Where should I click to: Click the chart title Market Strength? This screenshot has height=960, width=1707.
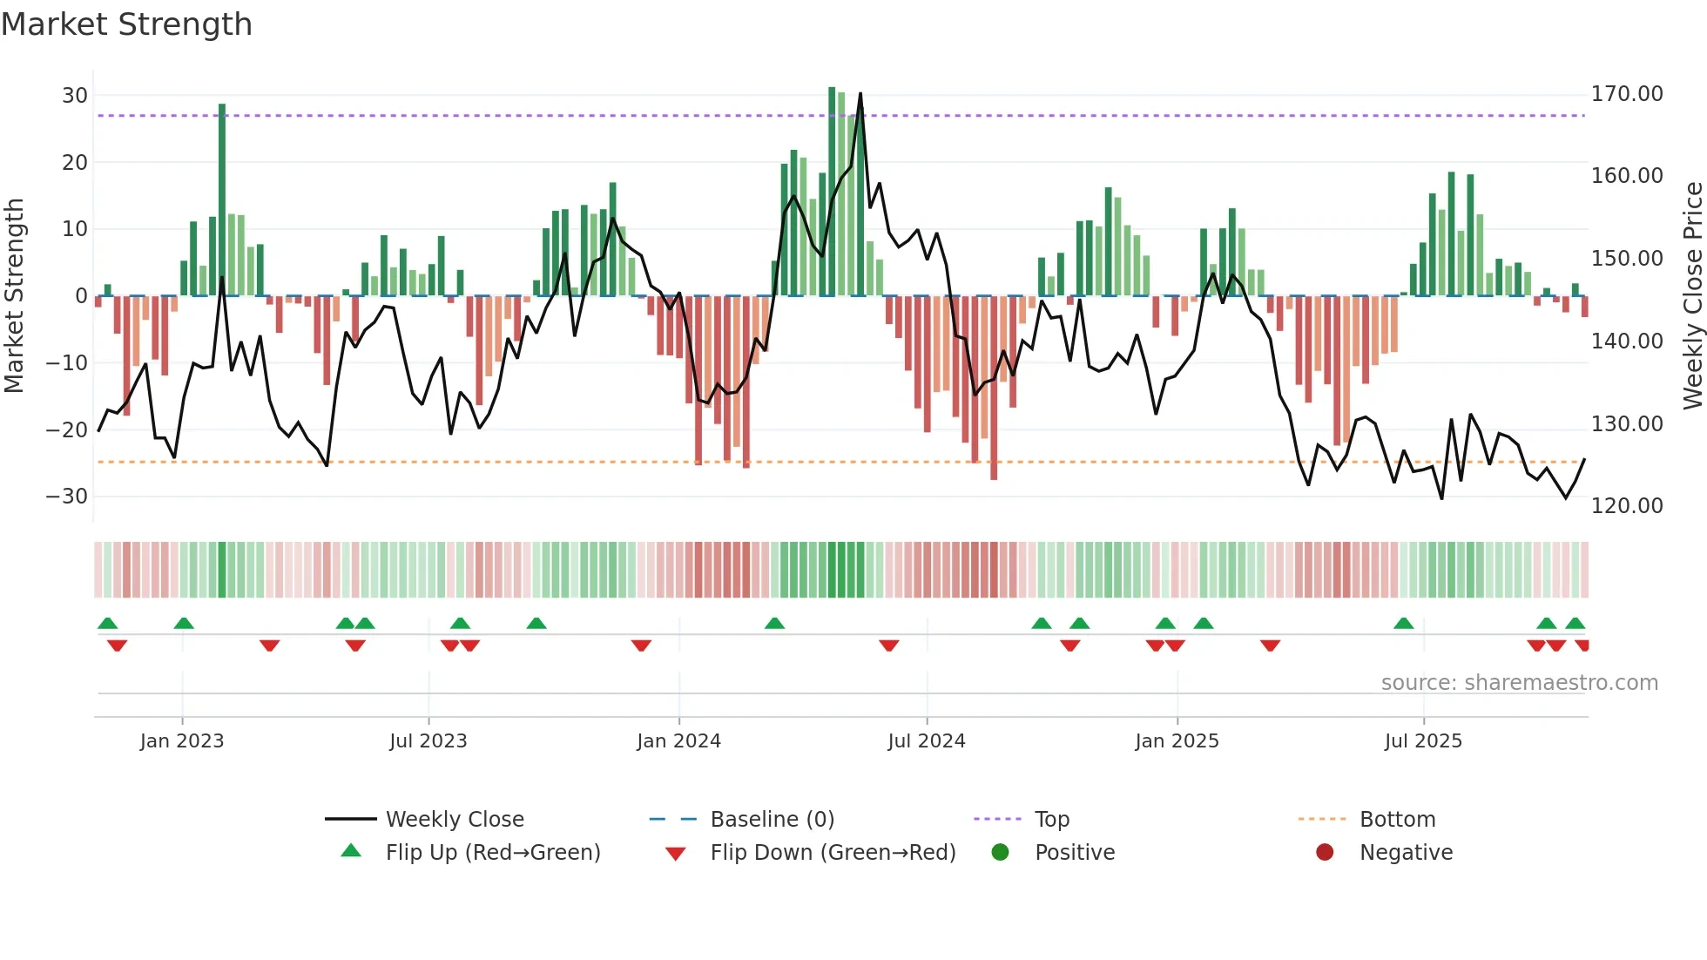(x=126, y=24)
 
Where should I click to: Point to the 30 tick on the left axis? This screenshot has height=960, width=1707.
(x=75, y=96)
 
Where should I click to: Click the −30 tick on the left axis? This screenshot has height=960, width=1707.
(x=67, y=497)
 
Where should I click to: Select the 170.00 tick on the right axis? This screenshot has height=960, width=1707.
(x=1626, y=94)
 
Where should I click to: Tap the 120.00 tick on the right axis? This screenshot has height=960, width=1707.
(x=1626, y=506)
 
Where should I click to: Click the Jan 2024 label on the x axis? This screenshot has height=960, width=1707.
(x=678, y=741)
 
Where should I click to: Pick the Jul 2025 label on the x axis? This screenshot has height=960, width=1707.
(x=1423, y=741)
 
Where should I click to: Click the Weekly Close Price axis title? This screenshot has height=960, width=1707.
(x=1692, y=295)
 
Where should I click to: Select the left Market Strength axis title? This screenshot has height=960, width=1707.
(x=14, y=295)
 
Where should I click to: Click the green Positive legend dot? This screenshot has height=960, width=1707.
(x=1000, y=853)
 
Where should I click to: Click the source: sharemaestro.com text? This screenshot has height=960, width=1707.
(x=1519, y=683)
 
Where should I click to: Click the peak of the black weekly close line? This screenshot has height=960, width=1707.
(x=860, y=94)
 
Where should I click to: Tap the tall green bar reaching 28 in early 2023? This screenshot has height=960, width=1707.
(x=222, y=200)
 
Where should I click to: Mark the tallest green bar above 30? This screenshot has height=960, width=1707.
(x=832, y=192)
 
